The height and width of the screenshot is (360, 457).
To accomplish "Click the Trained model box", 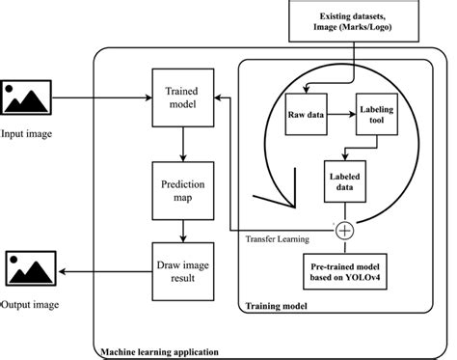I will [181, 97].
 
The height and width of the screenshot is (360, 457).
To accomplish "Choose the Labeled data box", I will [349, 182].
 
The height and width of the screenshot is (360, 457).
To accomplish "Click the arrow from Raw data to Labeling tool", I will [339, 114].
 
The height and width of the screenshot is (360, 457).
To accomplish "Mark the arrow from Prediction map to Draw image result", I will [181, 230].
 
